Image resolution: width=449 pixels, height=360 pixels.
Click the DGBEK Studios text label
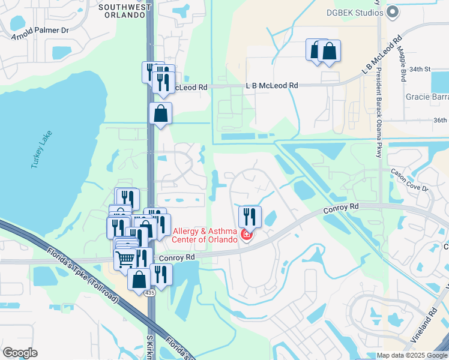(355, 11)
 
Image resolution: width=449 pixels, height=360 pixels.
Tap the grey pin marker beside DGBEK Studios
(393, 11)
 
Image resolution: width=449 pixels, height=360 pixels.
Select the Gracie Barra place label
(427, 97)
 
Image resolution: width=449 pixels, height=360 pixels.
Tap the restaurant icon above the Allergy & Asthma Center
(250, 216)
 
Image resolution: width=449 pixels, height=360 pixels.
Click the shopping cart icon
(125, 259)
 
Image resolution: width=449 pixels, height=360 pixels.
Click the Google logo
(20, 353)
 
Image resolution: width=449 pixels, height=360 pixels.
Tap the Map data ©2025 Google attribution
(412, 355)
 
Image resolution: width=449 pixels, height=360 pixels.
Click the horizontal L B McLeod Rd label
(272, 86)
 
